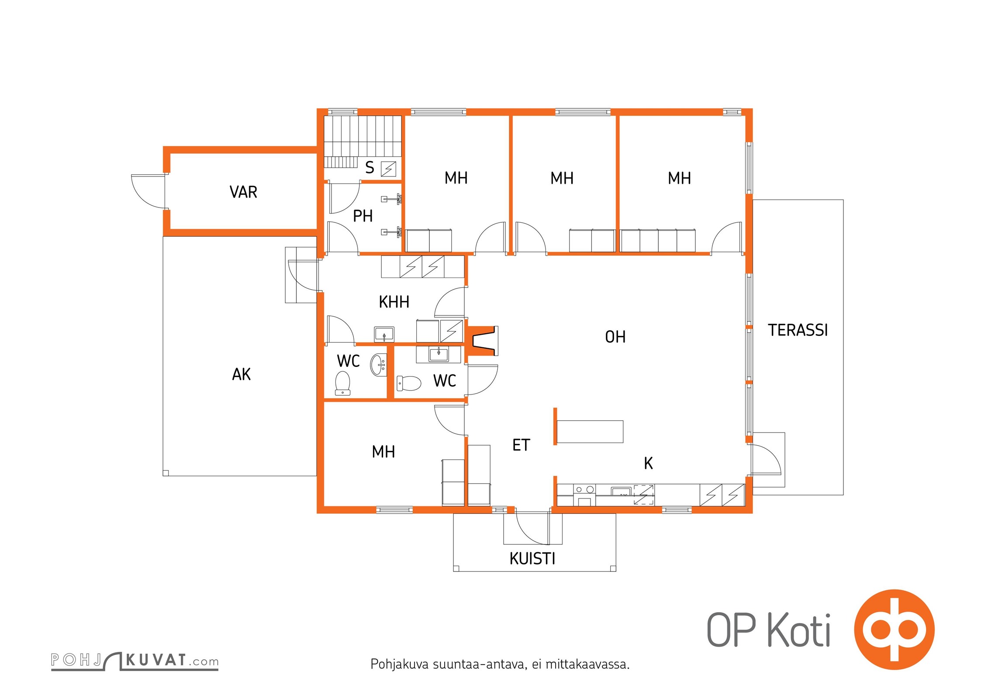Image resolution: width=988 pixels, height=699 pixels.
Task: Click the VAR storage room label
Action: (x=243, y=192)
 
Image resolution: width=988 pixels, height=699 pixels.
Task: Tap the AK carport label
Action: (x=242, y=374)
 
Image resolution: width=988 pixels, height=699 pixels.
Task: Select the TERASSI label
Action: (x=798, y=330)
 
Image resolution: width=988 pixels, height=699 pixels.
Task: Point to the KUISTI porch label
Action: (x=532, y=559)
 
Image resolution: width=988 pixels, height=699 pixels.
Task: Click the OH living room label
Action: (x=615, y=337)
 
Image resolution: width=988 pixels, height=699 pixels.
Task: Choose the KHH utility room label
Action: (x=394, y=302)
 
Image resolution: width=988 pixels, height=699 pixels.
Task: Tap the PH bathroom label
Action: (x=363, y=216)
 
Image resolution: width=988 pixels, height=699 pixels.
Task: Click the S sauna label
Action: (x=370, y=167)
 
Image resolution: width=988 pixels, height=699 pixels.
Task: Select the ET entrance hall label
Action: (x=521, y=445)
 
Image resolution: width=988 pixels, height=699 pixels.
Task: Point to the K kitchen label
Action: (x=649, y=463)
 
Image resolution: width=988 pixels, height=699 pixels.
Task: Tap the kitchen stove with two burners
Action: (x=584, y=495)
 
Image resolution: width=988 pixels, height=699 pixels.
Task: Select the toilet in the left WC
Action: (x=342, y=383)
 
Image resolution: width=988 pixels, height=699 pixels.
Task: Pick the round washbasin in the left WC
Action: (x=378, y=365)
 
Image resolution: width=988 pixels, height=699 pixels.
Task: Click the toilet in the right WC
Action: (x=409, y=384)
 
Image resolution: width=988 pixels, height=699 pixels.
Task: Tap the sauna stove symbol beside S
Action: (x=388, y=169)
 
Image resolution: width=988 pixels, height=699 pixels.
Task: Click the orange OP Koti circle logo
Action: (x=894, y=630)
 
